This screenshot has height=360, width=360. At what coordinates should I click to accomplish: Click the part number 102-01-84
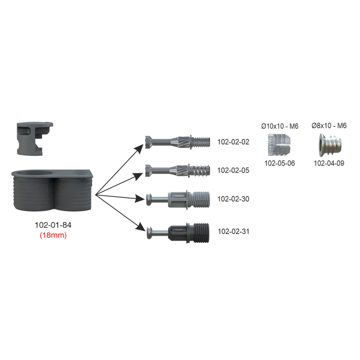pyautogui.click(x=53, y=225)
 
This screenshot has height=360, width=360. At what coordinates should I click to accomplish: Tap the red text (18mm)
pyautogui.click(x=53, y=235)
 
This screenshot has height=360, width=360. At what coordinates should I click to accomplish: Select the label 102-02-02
pyautogui.click(x=233, y=142)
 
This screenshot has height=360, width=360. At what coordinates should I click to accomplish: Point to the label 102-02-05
pyautogui.click(x=233, y=170)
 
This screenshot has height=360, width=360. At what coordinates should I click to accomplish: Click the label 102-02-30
pyautogui.click(x=233, y=199)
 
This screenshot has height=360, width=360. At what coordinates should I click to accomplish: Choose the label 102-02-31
pyautogui.click(x=233, y=231)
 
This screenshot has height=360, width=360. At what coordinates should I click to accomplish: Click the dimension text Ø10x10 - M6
pyautogui.click(x=280, y=126)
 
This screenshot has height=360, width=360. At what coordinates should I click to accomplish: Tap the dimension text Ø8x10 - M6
pyautogui.click(x=329, y=125)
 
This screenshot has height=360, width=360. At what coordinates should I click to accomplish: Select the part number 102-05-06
pyautogui.click(x=280, y=163)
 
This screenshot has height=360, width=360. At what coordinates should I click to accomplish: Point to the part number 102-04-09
pyautogui.click(x=329, y=163)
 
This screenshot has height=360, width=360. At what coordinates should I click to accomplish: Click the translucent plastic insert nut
pyautogui.click(x=279, y=145)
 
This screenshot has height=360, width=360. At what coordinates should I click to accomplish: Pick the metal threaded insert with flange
pyautogui.click(x=330, y=145)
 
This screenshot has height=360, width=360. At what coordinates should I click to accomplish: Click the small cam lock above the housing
pyautogui.click(x=34, y=139)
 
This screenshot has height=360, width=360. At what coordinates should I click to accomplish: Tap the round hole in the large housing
pyautogui.click(x=34, y=173)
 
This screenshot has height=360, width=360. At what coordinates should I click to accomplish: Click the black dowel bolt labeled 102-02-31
pyautogui.click(x=178, y=233)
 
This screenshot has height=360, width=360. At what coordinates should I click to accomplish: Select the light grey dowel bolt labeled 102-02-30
pyautogui.click(x=178, y=200)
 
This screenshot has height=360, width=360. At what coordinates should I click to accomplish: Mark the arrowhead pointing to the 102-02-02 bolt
pyautogui.click(x=139, y=149)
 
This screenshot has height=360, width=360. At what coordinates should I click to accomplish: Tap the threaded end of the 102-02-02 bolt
pyautogui.click(x=201, y=142)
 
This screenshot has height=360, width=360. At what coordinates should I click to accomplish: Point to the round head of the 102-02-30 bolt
pyautogui.click(x=149, y=200)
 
